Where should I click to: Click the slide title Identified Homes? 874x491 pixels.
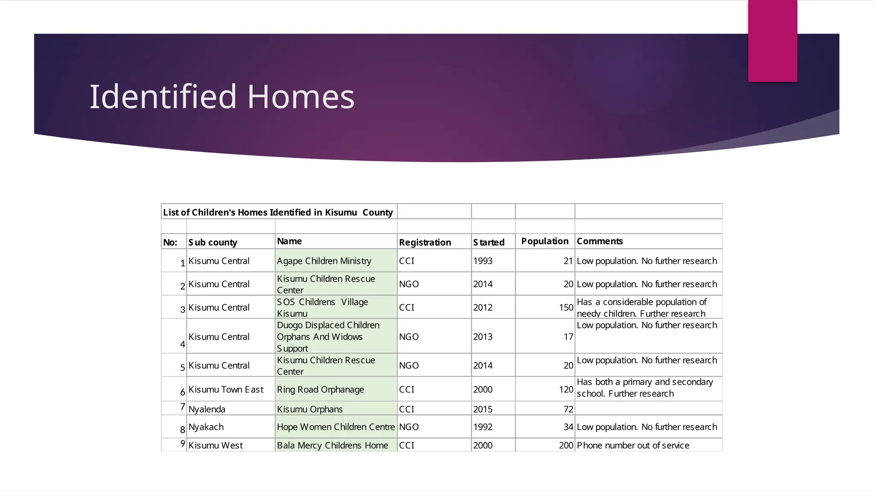tap(222, 96)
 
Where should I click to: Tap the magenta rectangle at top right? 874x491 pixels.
tap(772, 41)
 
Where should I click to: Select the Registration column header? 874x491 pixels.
tap(425, 243)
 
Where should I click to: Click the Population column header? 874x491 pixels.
tap(545, 241)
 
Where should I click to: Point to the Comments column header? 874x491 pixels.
tap(600, 241)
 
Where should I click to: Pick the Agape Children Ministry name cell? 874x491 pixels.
tap(324, 261)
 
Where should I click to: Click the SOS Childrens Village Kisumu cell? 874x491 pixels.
tap(322, 307)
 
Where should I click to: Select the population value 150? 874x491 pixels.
tap(566, 307)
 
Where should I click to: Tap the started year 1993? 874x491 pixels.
tap(483, 261)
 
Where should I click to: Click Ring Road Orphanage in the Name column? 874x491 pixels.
tap(320, 390)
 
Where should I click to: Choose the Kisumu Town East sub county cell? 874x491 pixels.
tap(226, 390)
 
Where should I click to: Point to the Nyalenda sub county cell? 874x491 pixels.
tap(207, 409)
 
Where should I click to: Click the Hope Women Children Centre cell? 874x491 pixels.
tap(335, 427)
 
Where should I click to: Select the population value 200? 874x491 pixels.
tap(566, 445)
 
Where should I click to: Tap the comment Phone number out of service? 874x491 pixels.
tap(633, 445)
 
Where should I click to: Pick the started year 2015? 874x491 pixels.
tap(483, 409)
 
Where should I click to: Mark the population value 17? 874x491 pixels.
tap(568, 337)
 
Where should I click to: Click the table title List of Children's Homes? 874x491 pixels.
tap(278, 212)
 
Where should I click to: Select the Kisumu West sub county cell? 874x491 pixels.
tap(216, 445)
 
